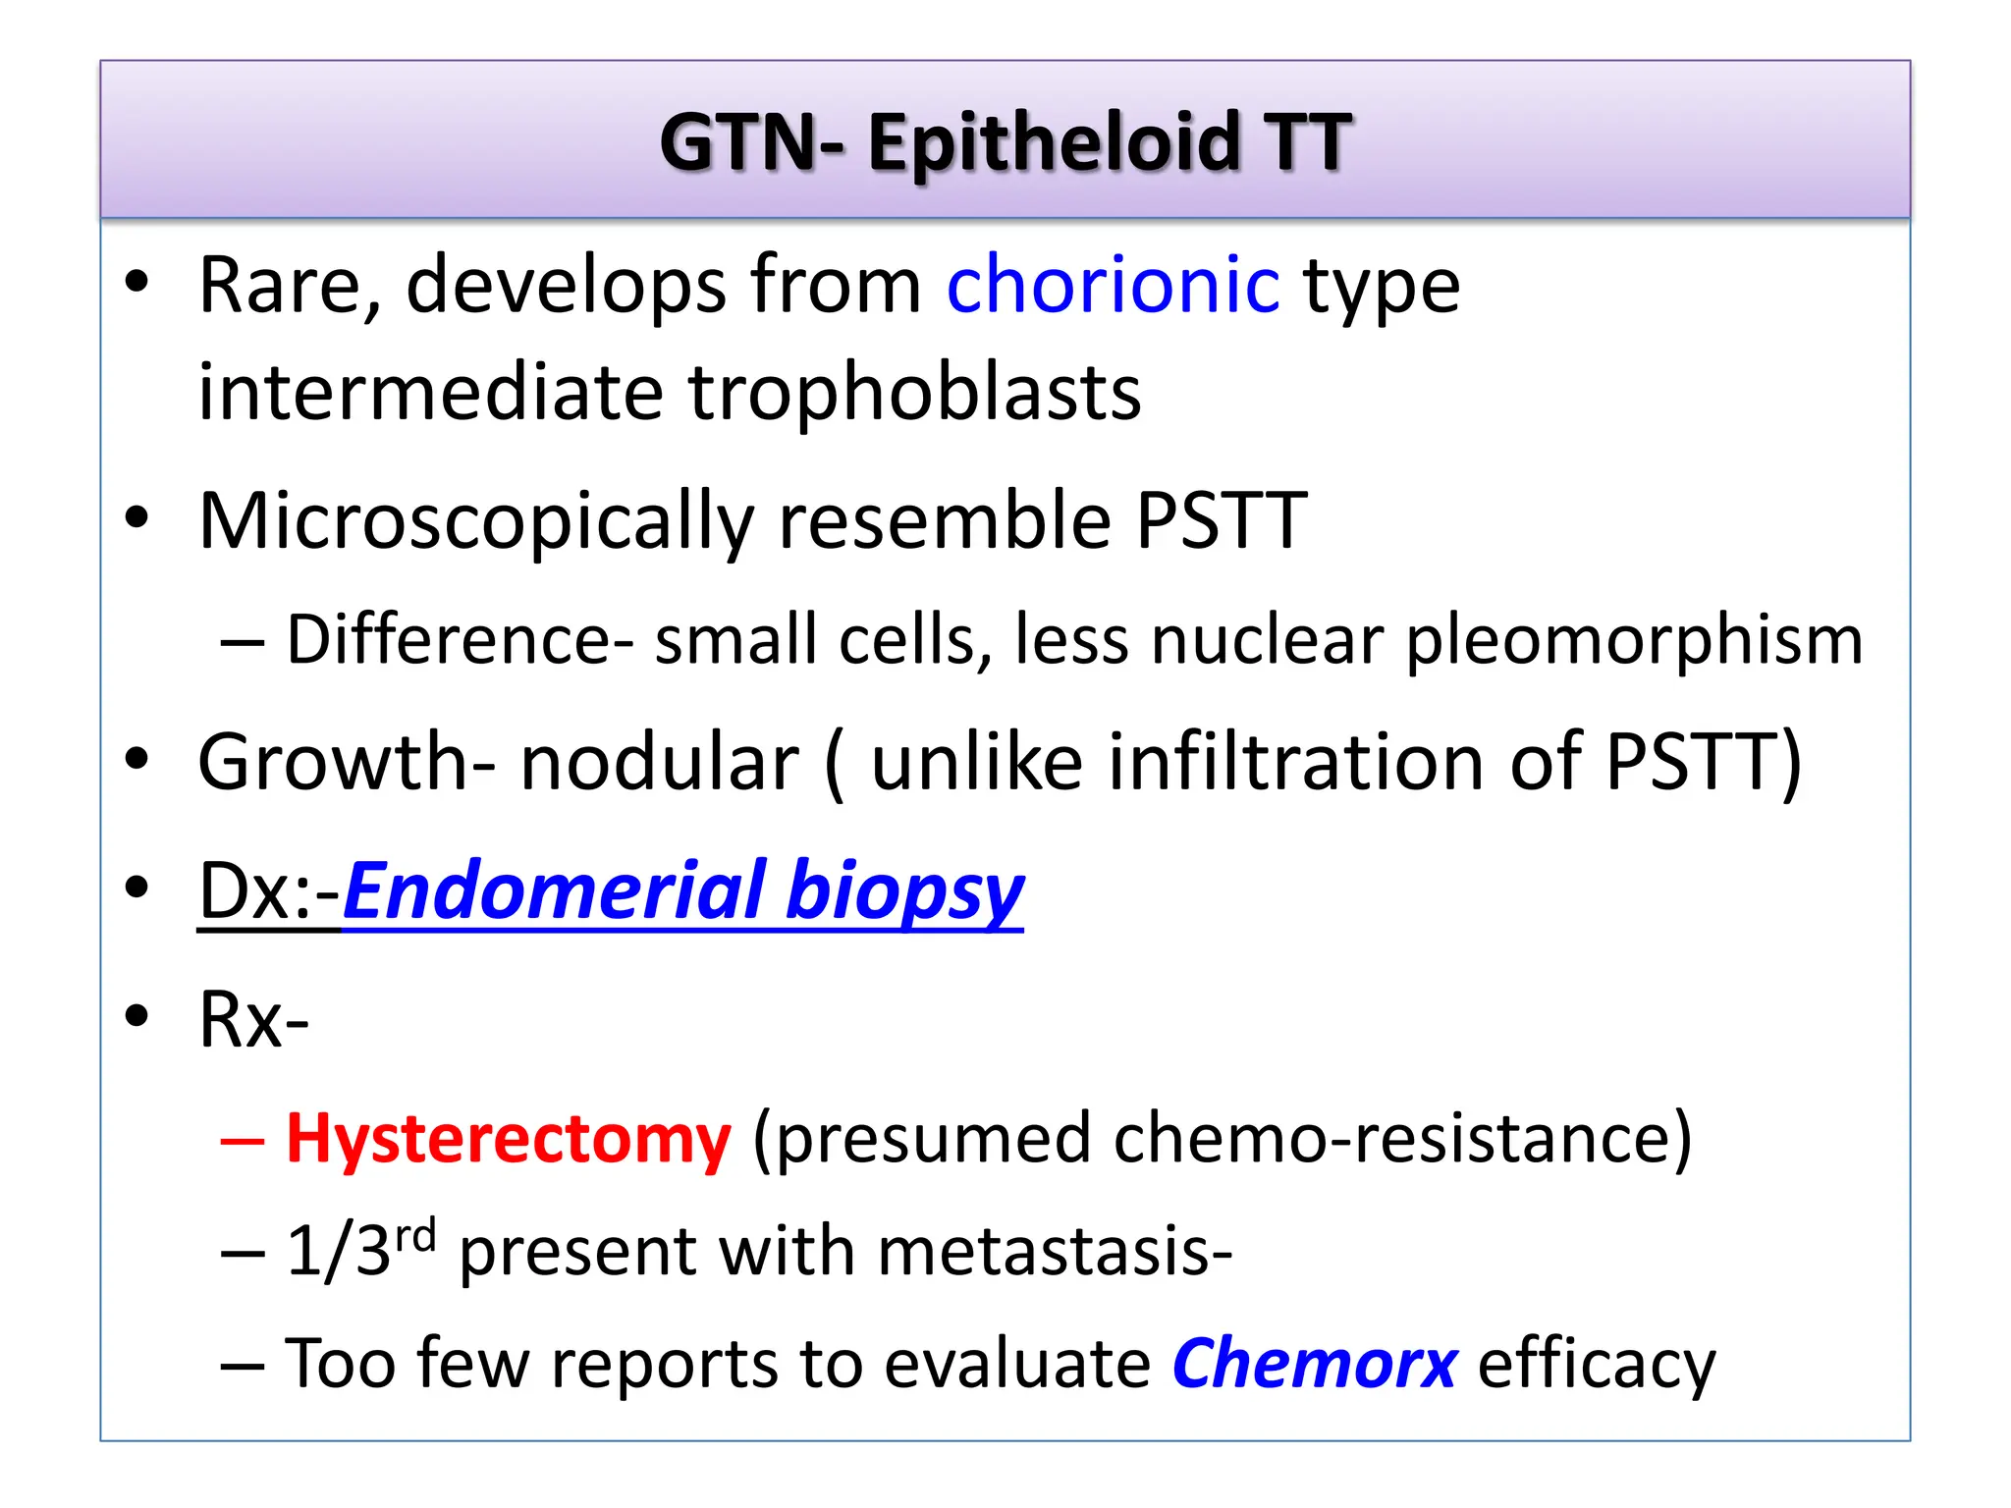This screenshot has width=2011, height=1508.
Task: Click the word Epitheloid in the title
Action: pos(1053,143)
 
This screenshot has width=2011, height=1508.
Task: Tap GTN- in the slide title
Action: pos(751,143)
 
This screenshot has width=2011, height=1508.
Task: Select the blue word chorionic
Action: pos(1113,285)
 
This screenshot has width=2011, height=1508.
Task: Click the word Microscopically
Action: pos(476,522)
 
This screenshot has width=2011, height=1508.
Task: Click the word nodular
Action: pos(659,763)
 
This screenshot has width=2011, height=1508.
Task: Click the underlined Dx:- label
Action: pos(268,891)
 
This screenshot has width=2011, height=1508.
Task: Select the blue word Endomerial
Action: pos(555,889)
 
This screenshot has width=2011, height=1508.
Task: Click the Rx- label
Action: pos(253,1020)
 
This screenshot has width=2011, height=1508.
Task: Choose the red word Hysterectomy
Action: pos(508,1141)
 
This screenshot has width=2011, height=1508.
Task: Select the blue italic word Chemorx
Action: pos(1314,1365)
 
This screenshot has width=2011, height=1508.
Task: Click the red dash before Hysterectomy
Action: pos(242,1141)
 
